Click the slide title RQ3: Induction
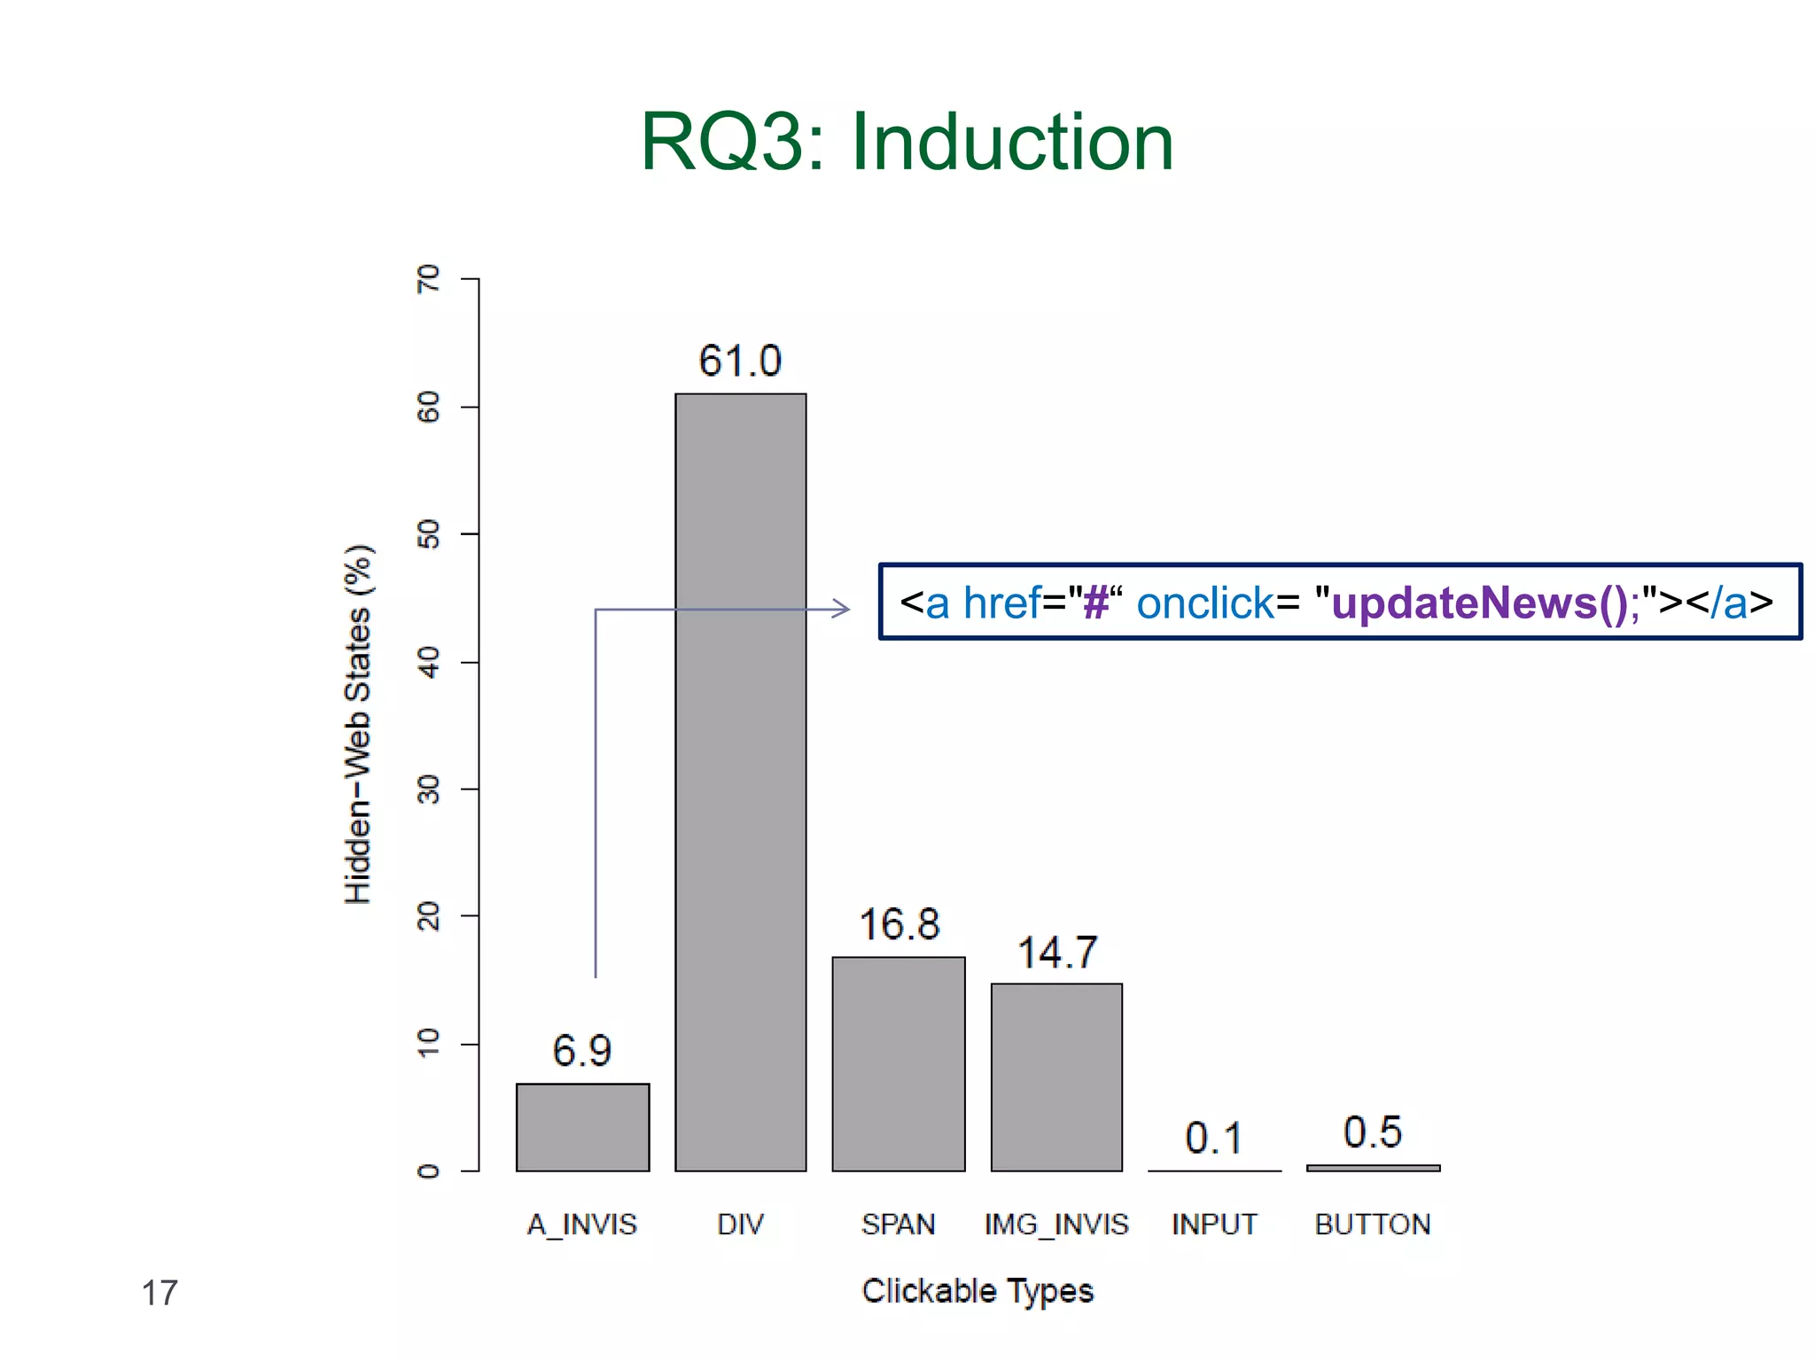(907, 142)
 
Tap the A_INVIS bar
(582, 1126)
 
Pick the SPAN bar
(898, 1063)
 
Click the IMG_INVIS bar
(1056, 1077)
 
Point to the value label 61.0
(740, 361)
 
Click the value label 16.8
(899, 924)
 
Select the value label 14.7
(1056, 953)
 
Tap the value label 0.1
(1214, 1138)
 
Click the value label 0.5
(1372, 1132)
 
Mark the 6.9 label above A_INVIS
(581, 1051)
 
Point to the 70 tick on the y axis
(428, 278)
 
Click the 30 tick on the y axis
(428, 789)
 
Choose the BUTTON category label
(1372, 1225)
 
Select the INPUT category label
(1214, 1225)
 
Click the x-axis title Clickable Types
(978, 1291)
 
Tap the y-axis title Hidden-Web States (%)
(358, 724)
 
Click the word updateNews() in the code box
(1479, 603)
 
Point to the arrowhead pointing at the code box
(842, 609)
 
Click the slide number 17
(160, 1293)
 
